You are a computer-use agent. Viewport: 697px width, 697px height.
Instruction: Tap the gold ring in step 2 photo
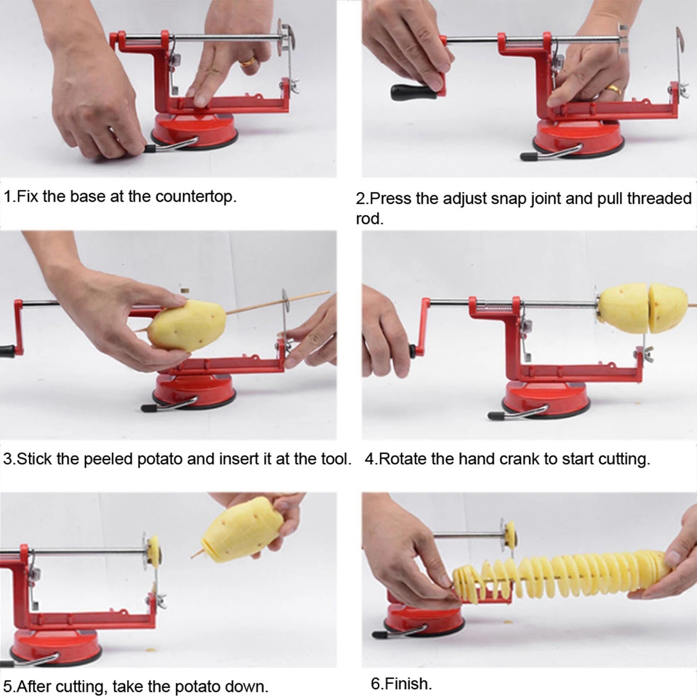(x=613, y=90)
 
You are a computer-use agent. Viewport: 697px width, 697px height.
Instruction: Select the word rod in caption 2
(x=369, y=219)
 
